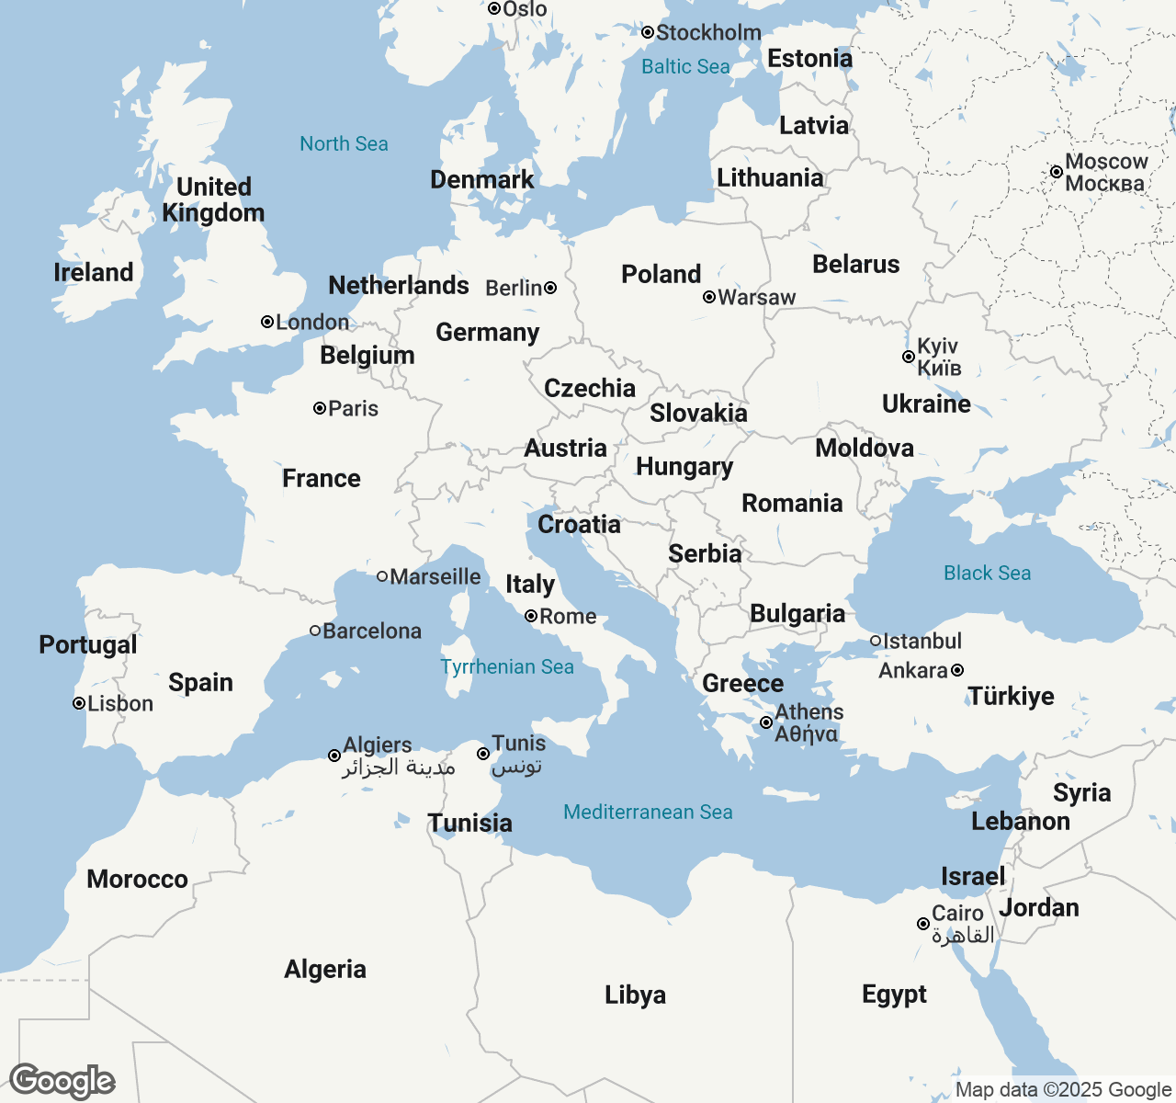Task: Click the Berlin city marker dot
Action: (x=550, y=288)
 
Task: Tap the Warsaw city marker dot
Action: (x=709, y=297)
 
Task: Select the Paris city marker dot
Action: (x=320, y=408)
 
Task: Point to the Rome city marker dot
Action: (x=531, y=616)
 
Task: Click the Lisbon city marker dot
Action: (x=79, y=703)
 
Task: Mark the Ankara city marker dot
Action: (x=957, y=670)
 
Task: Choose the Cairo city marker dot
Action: (x=923, y=924)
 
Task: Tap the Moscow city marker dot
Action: (x=1057, y=172)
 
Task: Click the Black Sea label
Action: (x=987, y=573)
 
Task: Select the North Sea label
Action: (x=344, y=143)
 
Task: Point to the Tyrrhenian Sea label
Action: (x=507, y=666)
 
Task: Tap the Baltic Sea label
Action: (x=685, y=66)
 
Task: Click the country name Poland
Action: (x=661, y=274)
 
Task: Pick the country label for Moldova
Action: (x=865, y=448)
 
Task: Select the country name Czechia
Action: (x=590, y=388)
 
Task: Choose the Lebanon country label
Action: (x=1021, y=821)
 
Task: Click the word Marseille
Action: (x=435, y=576)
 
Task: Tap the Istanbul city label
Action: (x=922, y=641)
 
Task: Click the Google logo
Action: (x=62, y=1081)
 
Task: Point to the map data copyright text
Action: (x=1063, y=1090)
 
